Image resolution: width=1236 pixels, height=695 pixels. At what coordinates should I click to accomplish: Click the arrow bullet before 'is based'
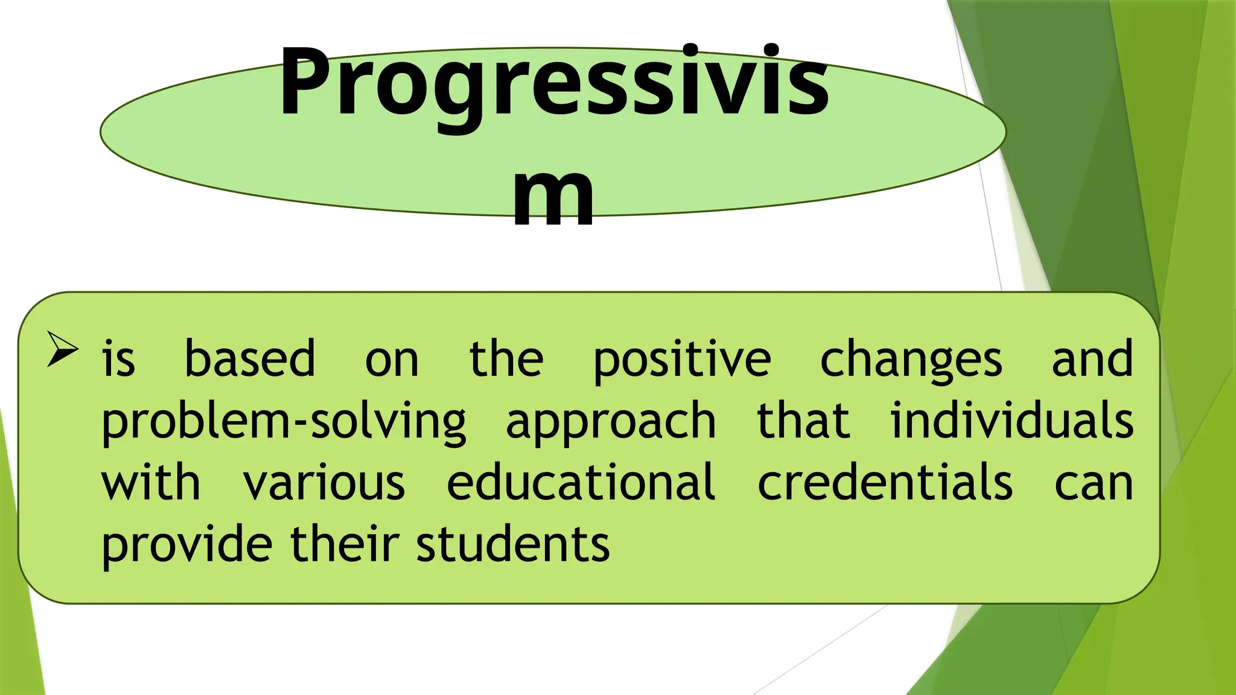click(x=63, y=349)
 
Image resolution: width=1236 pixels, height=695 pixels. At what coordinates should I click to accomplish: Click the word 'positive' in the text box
click(x=682, y=360)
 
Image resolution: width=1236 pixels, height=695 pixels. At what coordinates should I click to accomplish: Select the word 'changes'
click(x=911, y=360)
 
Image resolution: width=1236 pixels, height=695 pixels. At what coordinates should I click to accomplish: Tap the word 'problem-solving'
click(x=284, y=422)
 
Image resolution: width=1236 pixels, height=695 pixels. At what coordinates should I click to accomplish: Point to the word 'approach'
click(x=611, y=422)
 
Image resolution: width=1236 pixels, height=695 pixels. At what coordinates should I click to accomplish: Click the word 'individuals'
click(x=1012, y=420)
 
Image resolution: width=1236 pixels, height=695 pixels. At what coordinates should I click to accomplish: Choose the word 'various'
click(x=324, y=483)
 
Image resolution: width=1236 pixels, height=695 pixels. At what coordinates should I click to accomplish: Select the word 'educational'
click(x=581, y=483)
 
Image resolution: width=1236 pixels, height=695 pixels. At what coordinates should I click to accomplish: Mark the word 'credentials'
click(x=885, y=483)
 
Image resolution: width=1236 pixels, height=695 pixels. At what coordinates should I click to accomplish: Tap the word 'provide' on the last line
click(x=187, y=545)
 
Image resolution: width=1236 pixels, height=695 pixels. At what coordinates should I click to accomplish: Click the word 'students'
click(x=513, y=545)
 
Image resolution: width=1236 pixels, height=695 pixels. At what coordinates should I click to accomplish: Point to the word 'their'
click(x=345, y=545)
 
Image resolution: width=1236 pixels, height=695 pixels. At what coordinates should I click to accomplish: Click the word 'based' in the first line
click(x=250, y=360)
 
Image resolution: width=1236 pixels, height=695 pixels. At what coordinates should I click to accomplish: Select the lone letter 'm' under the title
click(x=553, y=196)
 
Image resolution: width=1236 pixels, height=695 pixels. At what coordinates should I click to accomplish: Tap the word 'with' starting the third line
click(x=151, y=483)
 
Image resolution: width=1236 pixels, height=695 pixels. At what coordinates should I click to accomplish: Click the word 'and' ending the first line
click(x=1092, y=360)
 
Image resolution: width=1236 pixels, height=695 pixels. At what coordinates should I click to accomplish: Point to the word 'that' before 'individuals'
click(x=803, y=420)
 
